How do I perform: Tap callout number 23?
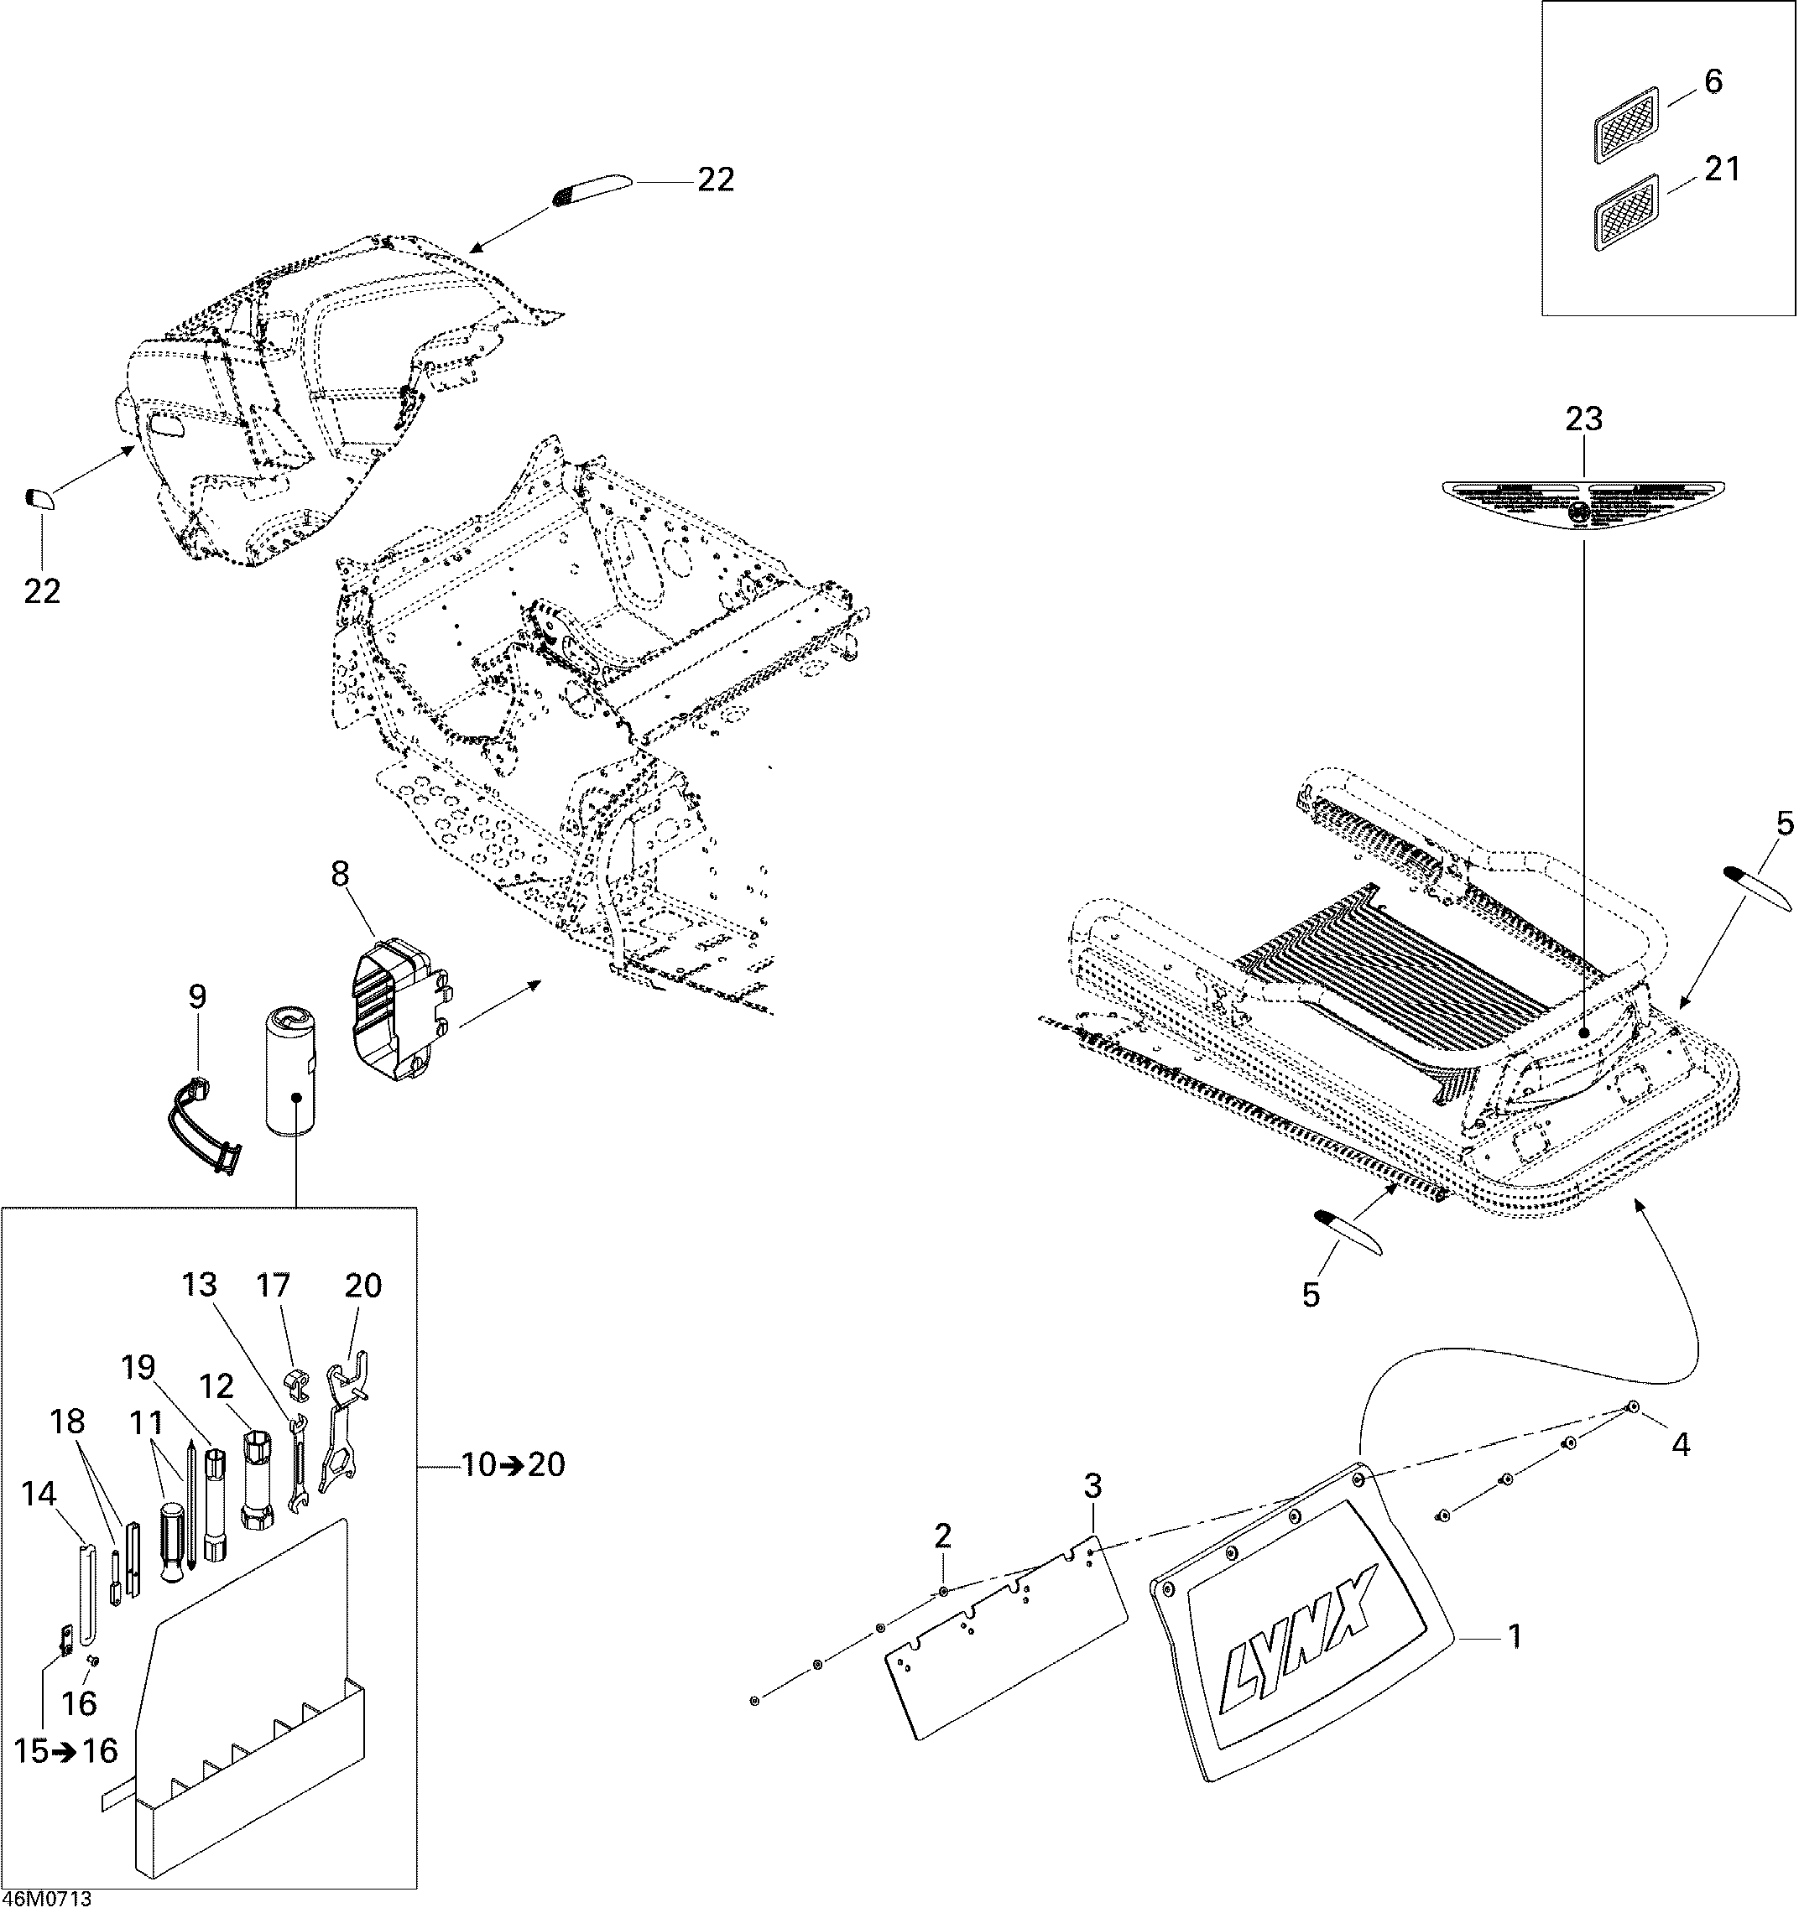1583,418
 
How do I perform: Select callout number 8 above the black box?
341,874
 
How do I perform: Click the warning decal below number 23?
1583,503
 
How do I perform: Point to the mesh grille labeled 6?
1627,125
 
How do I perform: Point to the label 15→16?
65,1750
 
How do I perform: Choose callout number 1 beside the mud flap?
1513,1636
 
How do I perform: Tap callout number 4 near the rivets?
1680,1471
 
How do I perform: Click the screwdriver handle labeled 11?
171,1554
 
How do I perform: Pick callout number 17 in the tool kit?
274,1285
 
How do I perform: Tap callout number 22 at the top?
715,180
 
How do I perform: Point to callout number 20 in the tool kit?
362,1286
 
